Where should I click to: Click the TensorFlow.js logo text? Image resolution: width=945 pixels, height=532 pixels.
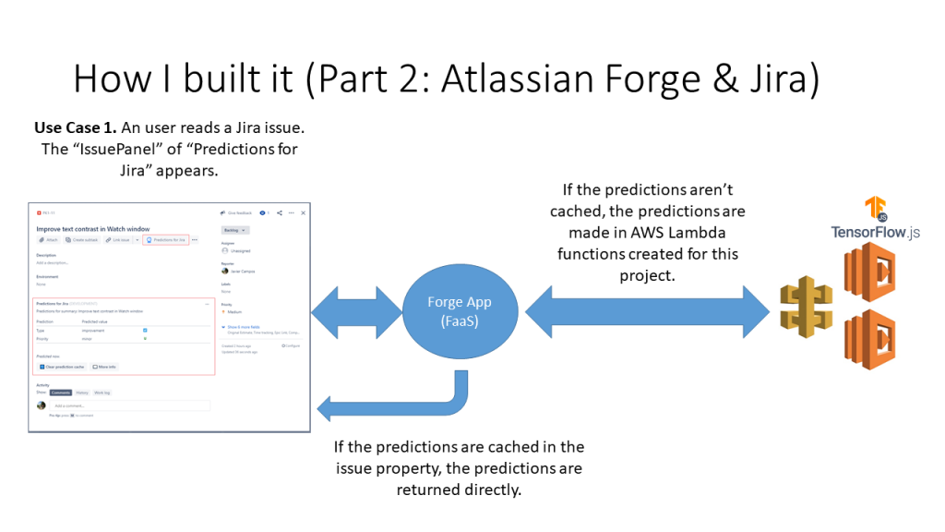[875, 232]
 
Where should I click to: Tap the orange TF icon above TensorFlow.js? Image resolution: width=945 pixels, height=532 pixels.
[875, 210]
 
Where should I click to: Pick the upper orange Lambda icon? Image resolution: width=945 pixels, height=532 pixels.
[868, 272]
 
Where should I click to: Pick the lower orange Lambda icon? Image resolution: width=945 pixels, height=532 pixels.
[868, 339]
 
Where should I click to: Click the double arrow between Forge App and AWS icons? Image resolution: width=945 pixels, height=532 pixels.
[647, 311]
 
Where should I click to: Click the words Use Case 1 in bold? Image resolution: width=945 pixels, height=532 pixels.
[75, 127]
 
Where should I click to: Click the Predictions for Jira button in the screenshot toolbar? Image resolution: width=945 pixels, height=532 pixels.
[166, 240]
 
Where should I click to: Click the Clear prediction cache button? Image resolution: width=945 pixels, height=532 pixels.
[63, 367]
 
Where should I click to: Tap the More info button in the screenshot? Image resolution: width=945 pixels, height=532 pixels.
[104, 367]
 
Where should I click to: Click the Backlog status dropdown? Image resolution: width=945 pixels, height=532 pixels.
[234, 229]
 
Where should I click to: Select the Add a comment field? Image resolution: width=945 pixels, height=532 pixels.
[129, 405]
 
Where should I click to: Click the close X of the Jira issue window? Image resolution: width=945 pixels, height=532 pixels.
[303, 212]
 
